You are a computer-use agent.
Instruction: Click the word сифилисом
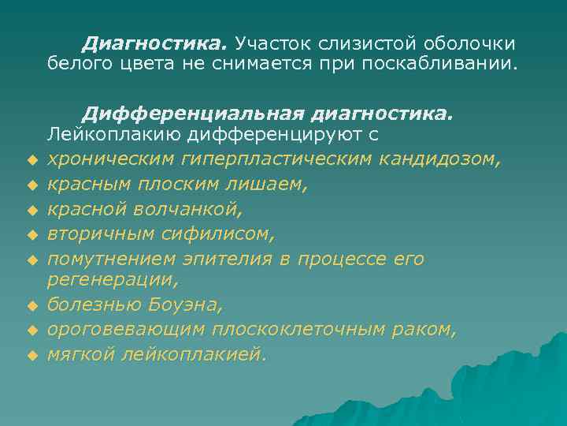click(223, 233)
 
